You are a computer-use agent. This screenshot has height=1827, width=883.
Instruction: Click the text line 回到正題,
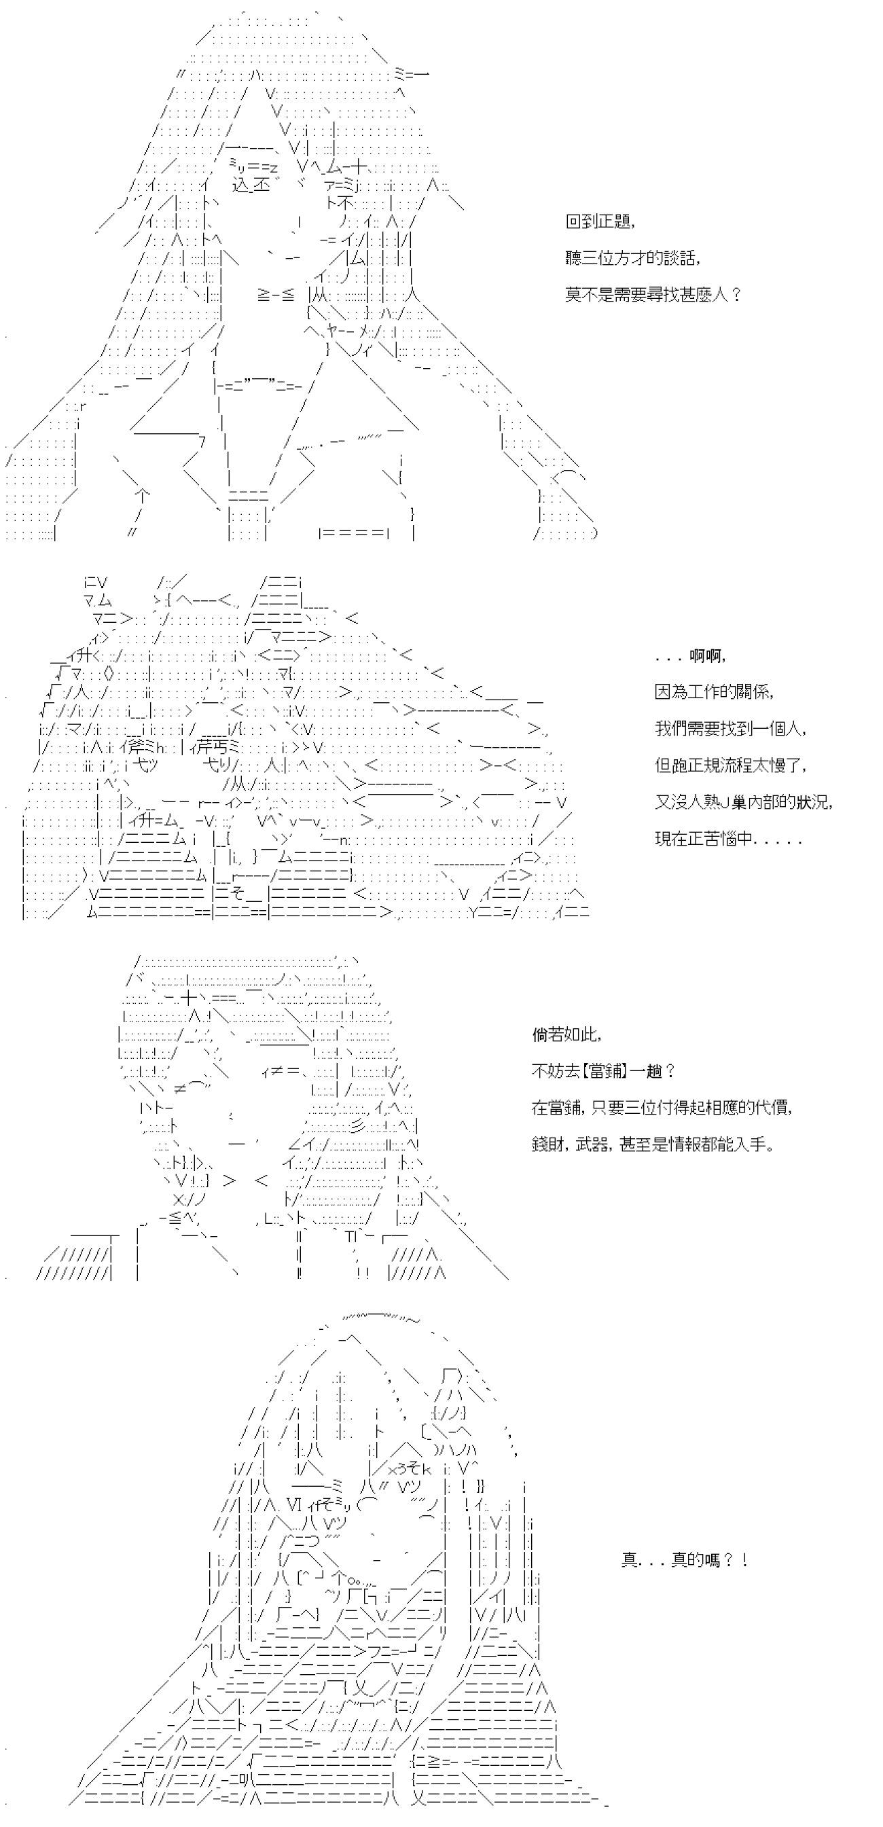coord(600,221)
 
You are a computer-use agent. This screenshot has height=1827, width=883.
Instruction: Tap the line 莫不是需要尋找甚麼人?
coord(653,294)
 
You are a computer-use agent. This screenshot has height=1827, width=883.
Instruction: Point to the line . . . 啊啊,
coord(690,656)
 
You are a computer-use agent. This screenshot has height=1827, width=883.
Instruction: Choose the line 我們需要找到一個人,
coord(732,728)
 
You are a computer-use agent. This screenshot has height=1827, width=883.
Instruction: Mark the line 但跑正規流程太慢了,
coord(732,765)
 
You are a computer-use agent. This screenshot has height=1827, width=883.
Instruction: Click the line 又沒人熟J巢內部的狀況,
coord(743,802)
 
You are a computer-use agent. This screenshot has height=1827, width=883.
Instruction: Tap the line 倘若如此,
coord(567,1035)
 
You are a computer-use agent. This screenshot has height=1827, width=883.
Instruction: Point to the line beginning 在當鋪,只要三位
coord(662,1107)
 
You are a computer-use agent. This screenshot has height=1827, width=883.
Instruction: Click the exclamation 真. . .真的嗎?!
coord(685,1560)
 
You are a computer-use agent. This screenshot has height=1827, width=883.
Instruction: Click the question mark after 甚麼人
coord(736,294)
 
